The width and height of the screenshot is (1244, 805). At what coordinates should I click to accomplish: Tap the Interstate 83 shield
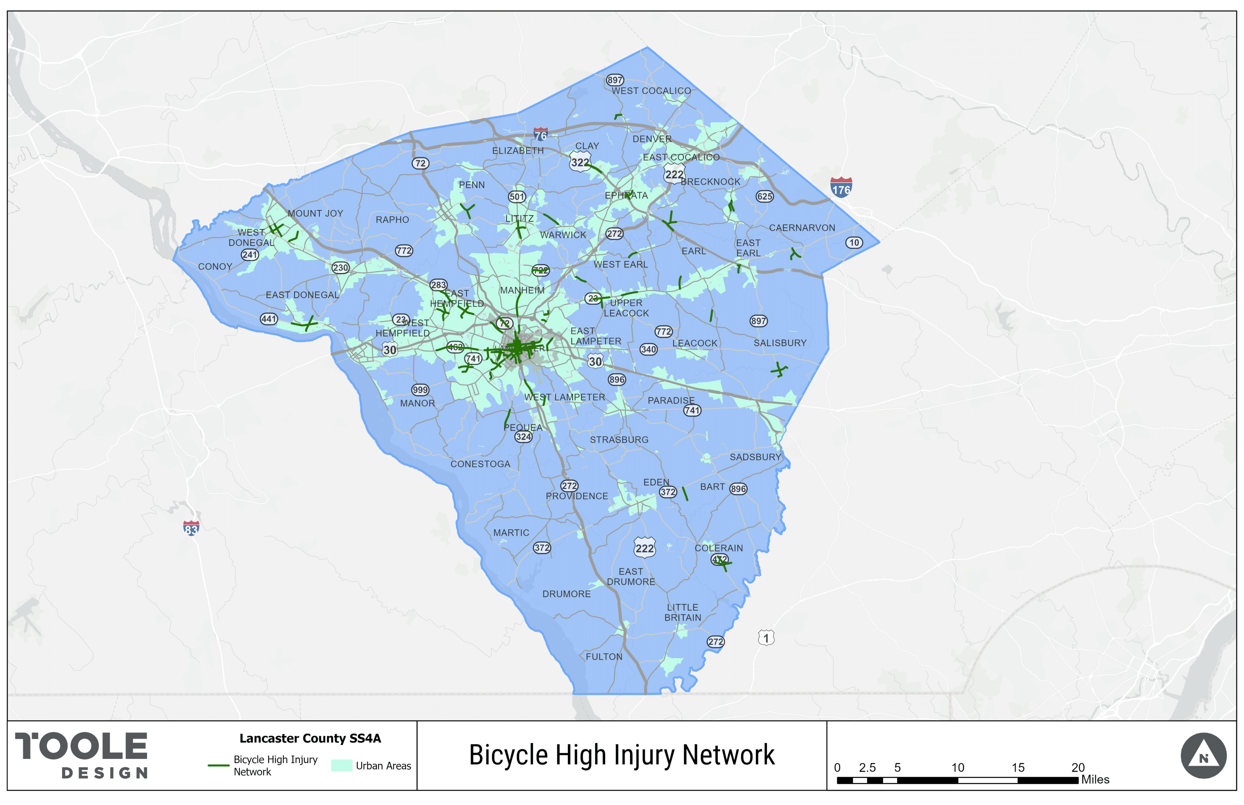[x=191, y=528]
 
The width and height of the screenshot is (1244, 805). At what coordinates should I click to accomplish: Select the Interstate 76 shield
[x=540, y=134]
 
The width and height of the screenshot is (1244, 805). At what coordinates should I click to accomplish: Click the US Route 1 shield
[x=766, y=638]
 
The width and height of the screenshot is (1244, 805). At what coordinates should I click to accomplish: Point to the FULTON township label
[x=604, y=656]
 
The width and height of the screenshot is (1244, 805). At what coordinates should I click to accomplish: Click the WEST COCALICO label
[x=651, y=91]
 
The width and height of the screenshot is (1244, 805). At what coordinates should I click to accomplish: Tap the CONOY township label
[x=215, y=267]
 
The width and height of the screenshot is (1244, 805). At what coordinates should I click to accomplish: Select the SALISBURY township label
[x=780, y=343]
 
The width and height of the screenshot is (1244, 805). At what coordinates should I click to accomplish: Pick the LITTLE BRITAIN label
[x=683, y=613]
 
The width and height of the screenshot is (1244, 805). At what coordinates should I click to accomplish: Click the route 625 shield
[x=764, y=196]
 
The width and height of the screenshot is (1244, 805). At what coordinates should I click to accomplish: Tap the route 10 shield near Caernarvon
[x=854, y=243]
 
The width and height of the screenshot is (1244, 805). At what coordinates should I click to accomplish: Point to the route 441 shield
[x=269, y=319]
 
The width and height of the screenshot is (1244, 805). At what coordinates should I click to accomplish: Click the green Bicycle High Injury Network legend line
[x=218, y=765]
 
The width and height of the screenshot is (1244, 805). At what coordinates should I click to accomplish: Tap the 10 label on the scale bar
[x=957, y=767]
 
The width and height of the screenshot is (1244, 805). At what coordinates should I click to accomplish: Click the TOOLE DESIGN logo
[x=82, y=755]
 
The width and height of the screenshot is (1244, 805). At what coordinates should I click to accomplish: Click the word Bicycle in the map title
[x=509, y=755]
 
